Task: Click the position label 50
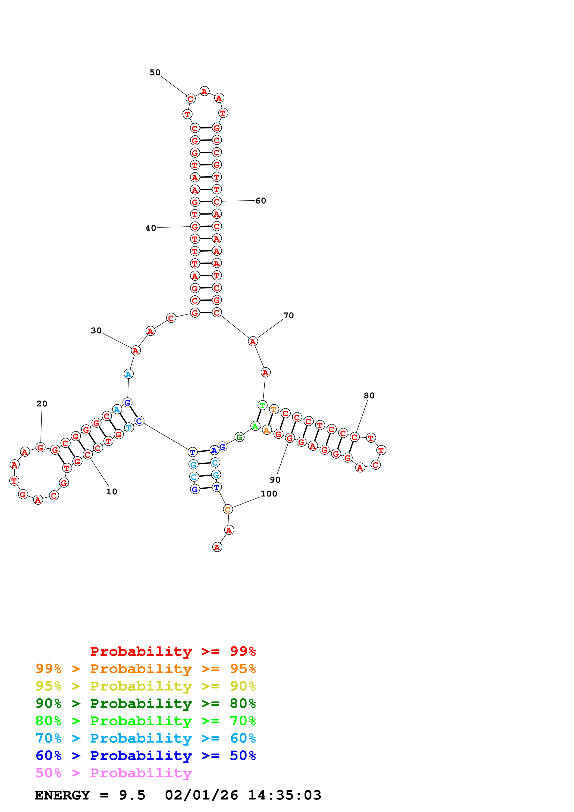point(155,72)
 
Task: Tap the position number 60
point(261,200)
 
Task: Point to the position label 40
point(151,228)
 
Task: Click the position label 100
point(269,494)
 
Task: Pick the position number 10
point(112,492)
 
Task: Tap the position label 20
point(42,403)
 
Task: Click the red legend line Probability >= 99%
point(173,651)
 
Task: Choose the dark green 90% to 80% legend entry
point(145,703)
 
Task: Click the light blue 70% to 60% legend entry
point(145,738)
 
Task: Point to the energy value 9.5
point(132,795)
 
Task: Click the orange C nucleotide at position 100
point(228,510)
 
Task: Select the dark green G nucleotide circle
point(239,437)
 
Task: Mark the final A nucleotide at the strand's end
point(217,547)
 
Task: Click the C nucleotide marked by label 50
point(191,99)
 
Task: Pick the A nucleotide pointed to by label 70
point(253,342)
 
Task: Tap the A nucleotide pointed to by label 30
point(135,350)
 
